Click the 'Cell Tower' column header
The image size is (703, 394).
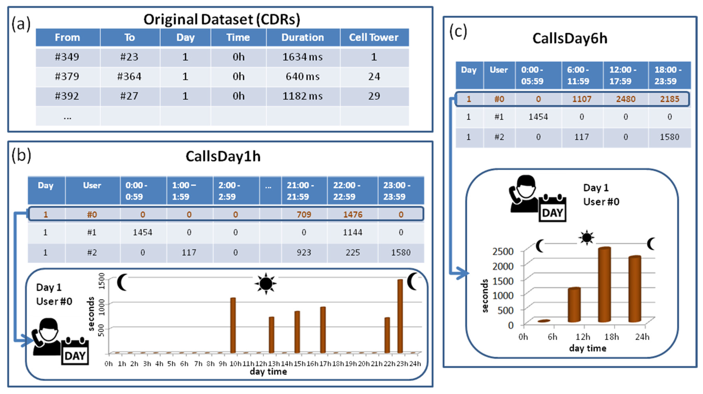pyautogui.click(x=374, y=38)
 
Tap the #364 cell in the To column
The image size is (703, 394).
pyautogui.click(x=129, y=76)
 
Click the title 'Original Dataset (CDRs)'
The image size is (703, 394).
pyautogui.click(x=222, y=20)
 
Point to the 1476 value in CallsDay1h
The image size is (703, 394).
pyautogui.click(x=353, y=215)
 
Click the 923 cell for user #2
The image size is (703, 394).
pyautogui.click(x=304, y=252)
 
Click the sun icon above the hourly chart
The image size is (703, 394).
pyautogui.click(x=266, y=284)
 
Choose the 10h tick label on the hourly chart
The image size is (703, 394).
pyautogui.click(x=235, y=364)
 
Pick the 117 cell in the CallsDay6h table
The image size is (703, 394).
pyautogui.click(x=582, y=137)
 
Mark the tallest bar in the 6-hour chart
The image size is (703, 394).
pyautogui.click(x=604, y=284)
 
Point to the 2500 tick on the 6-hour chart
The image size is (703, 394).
pyautogui.click(x=503, y=251)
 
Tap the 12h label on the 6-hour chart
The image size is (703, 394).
pyautogui.click(x=583, y=337)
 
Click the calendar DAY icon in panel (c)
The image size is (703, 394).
pyautogui.click(x=552, y=209)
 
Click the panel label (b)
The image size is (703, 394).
pyautogui.click(x=21, y=155)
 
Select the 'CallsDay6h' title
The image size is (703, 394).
pyautogui.click(x=570, y=39)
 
